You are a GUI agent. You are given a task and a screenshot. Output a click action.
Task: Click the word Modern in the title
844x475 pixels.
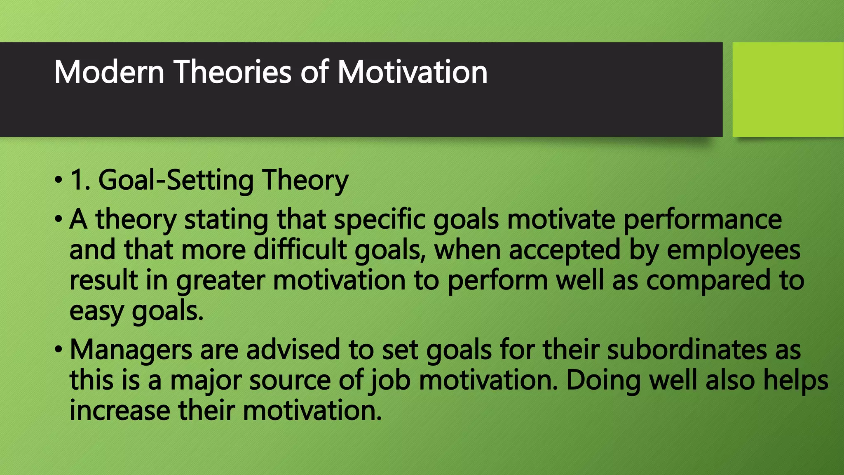(109, 72)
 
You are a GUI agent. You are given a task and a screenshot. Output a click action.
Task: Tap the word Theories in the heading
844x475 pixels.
(233, 72)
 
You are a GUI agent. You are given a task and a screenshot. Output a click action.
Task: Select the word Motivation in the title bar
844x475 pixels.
(412, 72)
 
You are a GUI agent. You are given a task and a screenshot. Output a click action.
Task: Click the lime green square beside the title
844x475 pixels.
(788, 89)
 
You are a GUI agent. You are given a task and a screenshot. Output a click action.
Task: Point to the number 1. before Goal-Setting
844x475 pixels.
(80, 180)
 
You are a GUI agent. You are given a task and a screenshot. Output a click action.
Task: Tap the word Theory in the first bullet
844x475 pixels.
(305, 180)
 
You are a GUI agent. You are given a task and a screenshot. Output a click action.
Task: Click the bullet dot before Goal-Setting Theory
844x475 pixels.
(59, 180)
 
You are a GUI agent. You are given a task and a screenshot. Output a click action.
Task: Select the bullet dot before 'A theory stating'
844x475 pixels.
(59, 219)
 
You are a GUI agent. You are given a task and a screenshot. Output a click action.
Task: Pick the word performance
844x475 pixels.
(702, 219)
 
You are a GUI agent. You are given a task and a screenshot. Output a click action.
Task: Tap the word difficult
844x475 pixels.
(300, 250)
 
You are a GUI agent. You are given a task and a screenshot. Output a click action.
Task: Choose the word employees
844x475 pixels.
(733, 250)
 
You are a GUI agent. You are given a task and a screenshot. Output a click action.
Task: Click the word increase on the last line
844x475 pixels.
(120, 411)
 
